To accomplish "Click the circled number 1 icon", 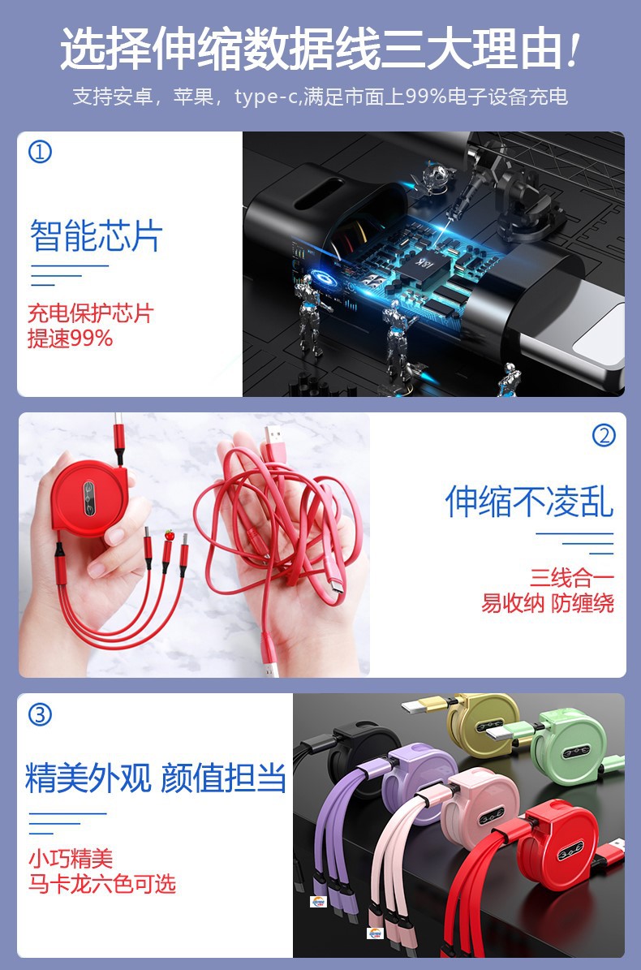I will point(40,152).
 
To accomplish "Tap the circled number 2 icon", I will point(604,436).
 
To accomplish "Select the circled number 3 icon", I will point(40,714).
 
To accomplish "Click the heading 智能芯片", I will point(97,235).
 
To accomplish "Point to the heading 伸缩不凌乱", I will point(529,501).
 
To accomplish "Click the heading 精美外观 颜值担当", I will point(156,777).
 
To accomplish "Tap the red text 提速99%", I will point(71,338).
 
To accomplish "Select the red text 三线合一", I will point(572,578).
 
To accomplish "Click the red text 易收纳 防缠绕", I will point(548,603).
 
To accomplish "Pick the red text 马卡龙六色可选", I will point(102,883).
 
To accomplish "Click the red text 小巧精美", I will point(71,858).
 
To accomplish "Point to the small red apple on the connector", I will point(170,535).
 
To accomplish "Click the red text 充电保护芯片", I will point(90,313).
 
